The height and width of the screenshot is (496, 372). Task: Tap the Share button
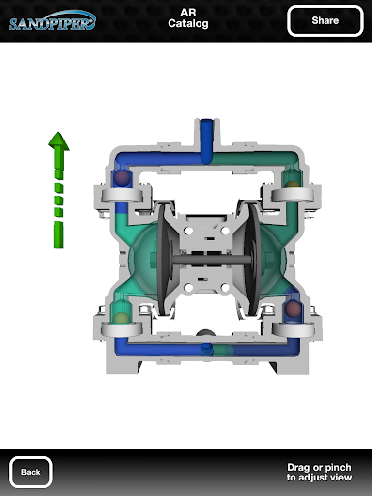(325, 20)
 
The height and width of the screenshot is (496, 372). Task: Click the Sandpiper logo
(52, 21)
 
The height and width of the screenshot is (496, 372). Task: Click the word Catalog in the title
(188, 24)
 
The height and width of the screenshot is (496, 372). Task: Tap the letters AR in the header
(188, 13)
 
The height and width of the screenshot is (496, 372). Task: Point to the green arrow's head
(59, 141)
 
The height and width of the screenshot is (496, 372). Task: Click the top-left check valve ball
(122, 177)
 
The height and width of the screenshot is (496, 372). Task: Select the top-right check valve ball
(293, 185)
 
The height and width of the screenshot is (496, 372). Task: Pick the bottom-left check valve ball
(121, 318)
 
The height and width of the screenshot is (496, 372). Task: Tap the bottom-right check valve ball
(293, 309)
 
